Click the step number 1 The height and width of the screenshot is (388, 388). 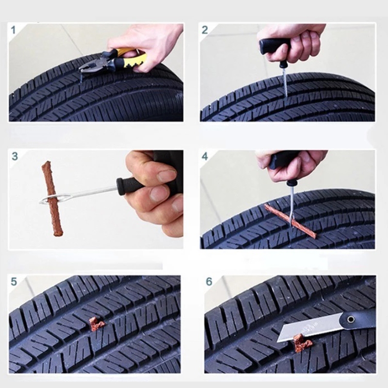14,30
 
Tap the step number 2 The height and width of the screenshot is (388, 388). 205,30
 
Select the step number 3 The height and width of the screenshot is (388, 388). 15,156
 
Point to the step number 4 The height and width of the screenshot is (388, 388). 205,156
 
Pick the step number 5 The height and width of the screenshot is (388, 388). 14,282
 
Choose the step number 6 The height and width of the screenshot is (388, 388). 209,282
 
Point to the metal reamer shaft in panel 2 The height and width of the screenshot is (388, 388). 285,82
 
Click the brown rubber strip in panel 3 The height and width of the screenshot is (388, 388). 52,198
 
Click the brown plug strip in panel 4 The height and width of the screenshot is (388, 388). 290,221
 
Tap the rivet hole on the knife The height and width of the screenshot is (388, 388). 350,319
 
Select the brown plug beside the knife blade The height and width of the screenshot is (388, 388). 302,342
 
